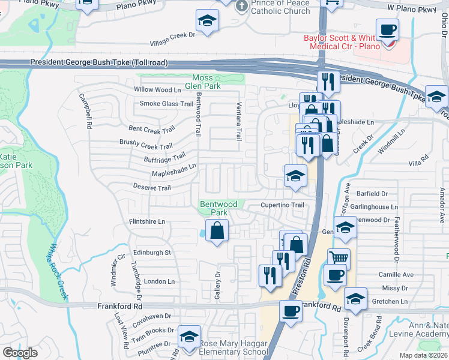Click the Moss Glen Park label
point(206,82)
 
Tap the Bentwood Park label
point(214,208)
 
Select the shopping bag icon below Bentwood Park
point(217,230)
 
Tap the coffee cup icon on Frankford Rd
point(291,311)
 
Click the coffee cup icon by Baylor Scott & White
point(387,29)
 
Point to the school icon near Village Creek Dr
point(207,21)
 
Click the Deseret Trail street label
point(152,188)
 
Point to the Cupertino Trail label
point(282,205)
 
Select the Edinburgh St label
point(152,253)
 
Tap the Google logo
point(20,352)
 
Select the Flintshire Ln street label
point(147,221)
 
